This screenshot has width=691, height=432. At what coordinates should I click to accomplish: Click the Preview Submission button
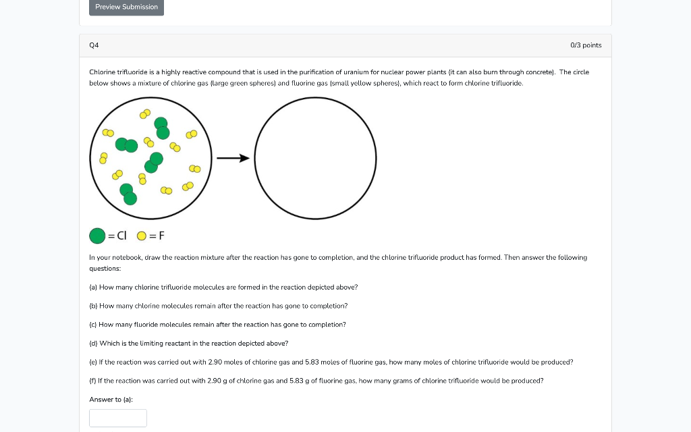point(126,7)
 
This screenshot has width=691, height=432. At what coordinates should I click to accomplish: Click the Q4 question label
point(94,45)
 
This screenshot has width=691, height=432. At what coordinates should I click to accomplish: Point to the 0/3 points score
point(586,45)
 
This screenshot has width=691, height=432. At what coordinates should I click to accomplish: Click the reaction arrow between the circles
point(233,159)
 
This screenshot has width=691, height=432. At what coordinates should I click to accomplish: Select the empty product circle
point(315,159)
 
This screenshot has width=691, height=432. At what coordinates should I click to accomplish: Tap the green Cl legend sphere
point(97,236)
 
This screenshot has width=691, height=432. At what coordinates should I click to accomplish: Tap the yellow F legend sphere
point(142,236)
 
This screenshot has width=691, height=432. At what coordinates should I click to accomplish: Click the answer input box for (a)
point(118,418)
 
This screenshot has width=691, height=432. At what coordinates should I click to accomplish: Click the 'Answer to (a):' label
point(111,400)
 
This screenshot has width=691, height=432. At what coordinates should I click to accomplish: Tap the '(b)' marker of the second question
point(93,306)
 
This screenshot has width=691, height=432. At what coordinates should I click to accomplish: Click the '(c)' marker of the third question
point(93,325)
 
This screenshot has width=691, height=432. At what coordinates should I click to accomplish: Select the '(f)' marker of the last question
point(93,381)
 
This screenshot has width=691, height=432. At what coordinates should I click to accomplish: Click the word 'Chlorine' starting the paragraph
point(102,72)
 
